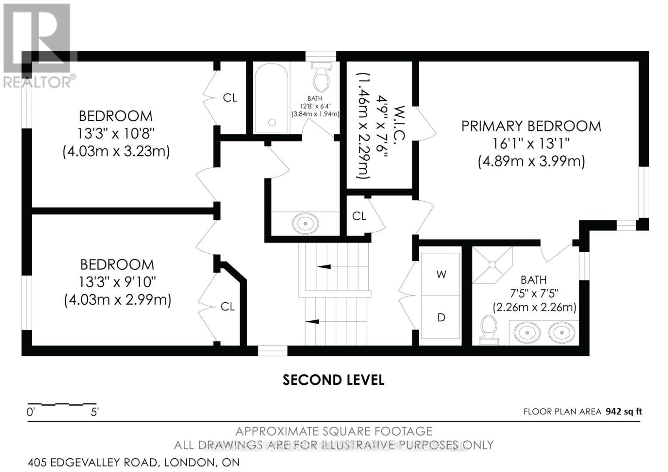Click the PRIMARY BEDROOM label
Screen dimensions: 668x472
pos(531,126)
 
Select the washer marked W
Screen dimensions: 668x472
pos(441,274)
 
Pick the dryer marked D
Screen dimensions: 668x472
pos(441,317)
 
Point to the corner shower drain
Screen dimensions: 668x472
pos(492,265)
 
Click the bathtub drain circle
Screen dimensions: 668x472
pos(272,122)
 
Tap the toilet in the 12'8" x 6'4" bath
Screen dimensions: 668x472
pos(321,76)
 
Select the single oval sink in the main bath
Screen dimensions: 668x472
pos(305,223)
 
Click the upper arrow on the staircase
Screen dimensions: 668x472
pos(324,267)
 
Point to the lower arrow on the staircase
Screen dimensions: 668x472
pos(312,321)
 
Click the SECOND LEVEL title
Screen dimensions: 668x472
pos(334,380)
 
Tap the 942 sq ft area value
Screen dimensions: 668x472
pos(624,411)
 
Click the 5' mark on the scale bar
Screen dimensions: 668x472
pos(94,412)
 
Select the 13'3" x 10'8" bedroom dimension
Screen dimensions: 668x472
pos(116,134)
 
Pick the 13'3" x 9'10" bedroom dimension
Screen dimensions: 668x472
pos(117,282)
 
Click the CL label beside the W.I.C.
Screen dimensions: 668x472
pos(359,216)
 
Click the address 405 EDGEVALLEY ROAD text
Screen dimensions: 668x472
pos(92,462)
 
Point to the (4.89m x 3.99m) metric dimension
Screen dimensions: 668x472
pos(531,162)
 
